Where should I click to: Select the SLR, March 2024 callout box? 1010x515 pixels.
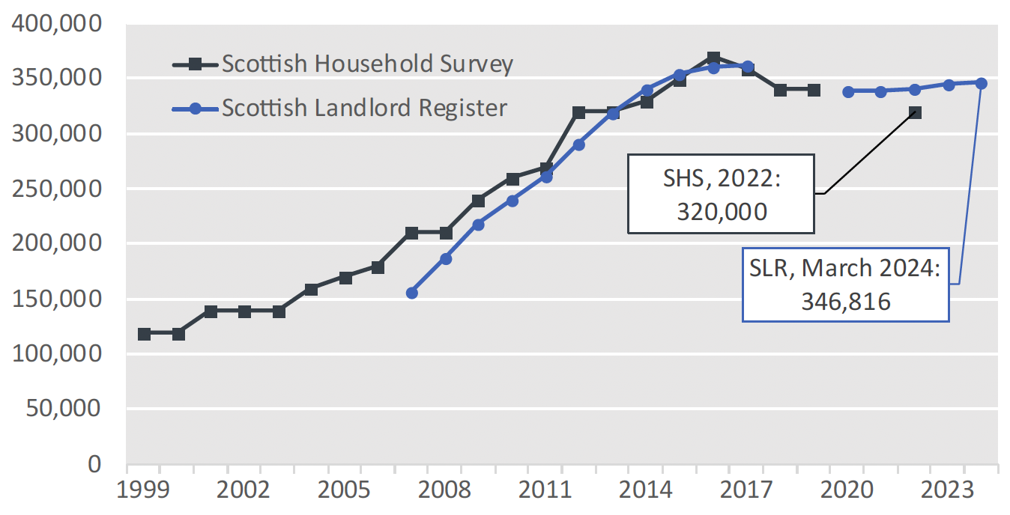pyautogui.click(x=845, y=284)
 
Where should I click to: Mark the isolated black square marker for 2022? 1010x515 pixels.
pyautogui.click(x=915, y=113)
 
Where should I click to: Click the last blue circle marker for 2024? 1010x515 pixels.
pyautogui.click(x=982, y=83)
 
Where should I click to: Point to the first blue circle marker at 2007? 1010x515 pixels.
pyautogui.click(x=411, y=293)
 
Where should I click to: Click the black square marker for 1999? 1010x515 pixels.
pyautogui.click(x=144, y=334)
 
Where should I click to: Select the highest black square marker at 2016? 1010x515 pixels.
pyautogui.click(x=713, y=58)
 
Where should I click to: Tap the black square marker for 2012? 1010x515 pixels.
pyautogui.click(x=579, y=113)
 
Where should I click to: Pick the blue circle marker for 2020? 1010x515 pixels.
pyautogui.click(x=848, y=91)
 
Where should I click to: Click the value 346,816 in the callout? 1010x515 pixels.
pyautogui.click(x=845, y=301)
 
